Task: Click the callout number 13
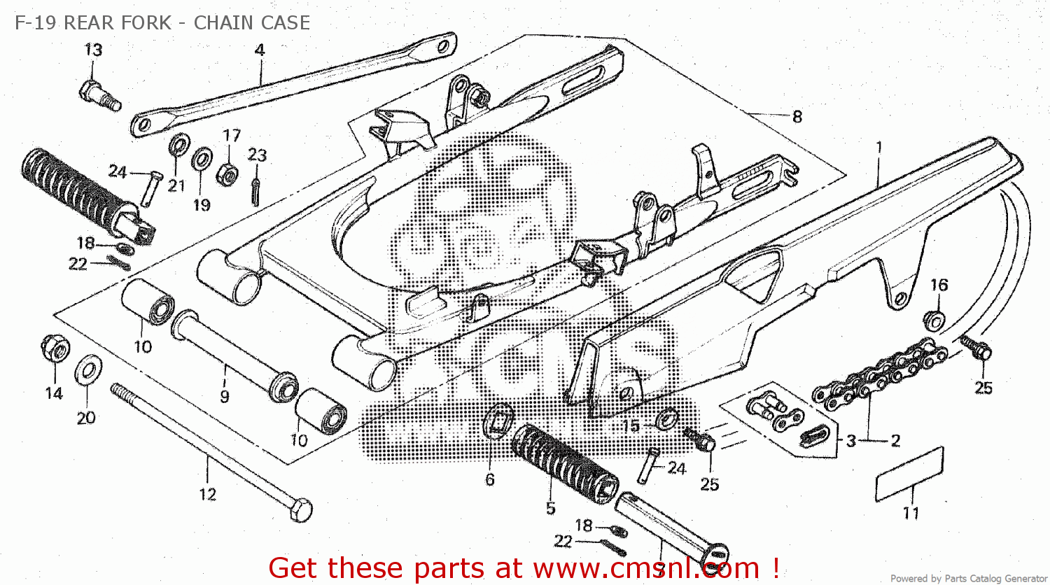[x=93, y=50]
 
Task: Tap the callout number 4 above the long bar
[x=260, y=50]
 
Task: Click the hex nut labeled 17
[x=229, y=172]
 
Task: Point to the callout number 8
[x=797, y=116]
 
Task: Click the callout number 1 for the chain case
[x=878, y=148]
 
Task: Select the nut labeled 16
[x=934, y=319]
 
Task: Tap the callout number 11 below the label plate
[x=911, y=513]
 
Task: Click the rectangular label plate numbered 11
[x=910, y=474]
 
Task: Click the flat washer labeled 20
[x=86, y=370]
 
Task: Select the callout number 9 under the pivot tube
[x=224, y=396]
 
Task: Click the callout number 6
[x=489, y=479]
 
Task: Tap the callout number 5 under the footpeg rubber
[x=550, y=508]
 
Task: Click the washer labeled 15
[x=667, y=420]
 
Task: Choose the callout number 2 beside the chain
[x=895, y=440]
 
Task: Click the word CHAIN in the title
[x=223, y=22]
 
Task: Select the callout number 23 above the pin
[x=257, y=155]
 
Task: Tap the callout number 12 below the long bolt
[x=207, y=494]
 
